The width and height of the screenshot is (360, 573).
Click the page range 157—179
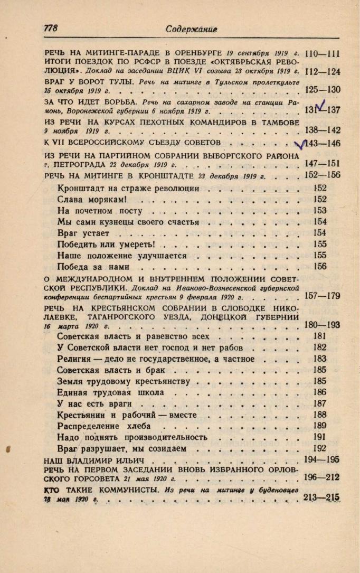pyautogui.click(x=323, y=296)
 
